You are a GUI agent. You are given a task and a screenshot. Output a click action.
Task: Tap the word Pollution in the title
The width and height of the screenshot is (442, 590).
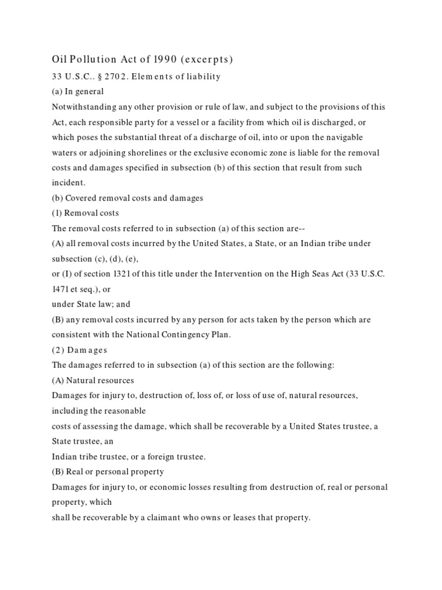tap(89, 59)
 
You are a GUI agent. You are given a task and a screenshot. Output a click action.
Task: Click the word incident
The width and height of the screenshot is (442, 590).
tap(67, 183)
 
